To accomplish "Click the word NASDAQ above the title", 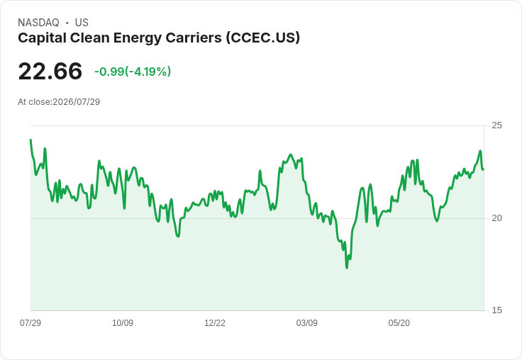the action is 38,23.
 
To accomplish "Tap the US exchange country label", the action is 82,23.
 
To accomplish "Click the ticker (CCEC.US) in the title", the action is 263,38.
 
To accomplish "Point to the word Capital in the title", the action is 42,38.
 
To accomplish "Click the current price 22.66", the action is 50,71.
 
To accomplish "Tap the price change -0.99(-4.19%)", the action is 133,72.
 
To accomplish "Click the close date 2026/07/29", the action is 76,102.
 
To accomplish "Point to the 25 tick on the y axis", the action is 496,125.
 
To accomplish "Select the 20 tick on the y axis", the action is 496,218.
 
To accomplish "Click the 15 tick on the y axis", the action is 496,310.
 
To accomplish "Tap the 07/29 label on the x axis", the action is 30,323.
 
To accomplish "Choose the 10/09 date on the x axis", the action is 123,323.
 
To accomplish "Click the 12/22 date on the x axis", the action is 215,323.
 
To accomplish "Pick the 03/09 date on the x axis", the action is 306,323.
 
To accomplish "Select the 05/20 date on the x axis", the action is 399,323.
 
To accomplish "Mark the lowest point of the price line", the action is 347,268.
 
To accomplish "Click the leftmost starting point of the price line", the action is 30,140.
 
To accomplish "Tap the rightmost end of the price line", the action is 484,169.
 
